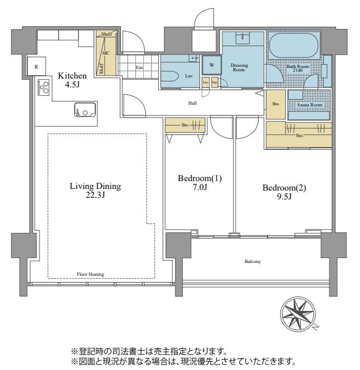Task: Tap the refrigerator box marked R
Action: [36, 66]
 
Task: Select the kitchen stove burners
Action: [43, 87]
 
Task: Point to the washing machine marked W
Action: [211, 65]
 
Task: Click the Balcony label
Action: [252, 261]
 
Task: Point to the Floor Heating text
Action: [91, 274]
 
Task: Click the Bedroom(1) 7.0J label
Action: [200, 183]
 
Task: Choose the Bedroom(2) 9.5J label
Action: [284, 192]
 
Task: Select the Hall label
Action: [192, 103]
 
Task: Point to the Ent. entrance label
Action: [139, 68]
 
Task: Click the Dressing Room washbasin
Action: [243, 38]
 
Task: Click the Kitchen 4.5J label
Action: [72, 81]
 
